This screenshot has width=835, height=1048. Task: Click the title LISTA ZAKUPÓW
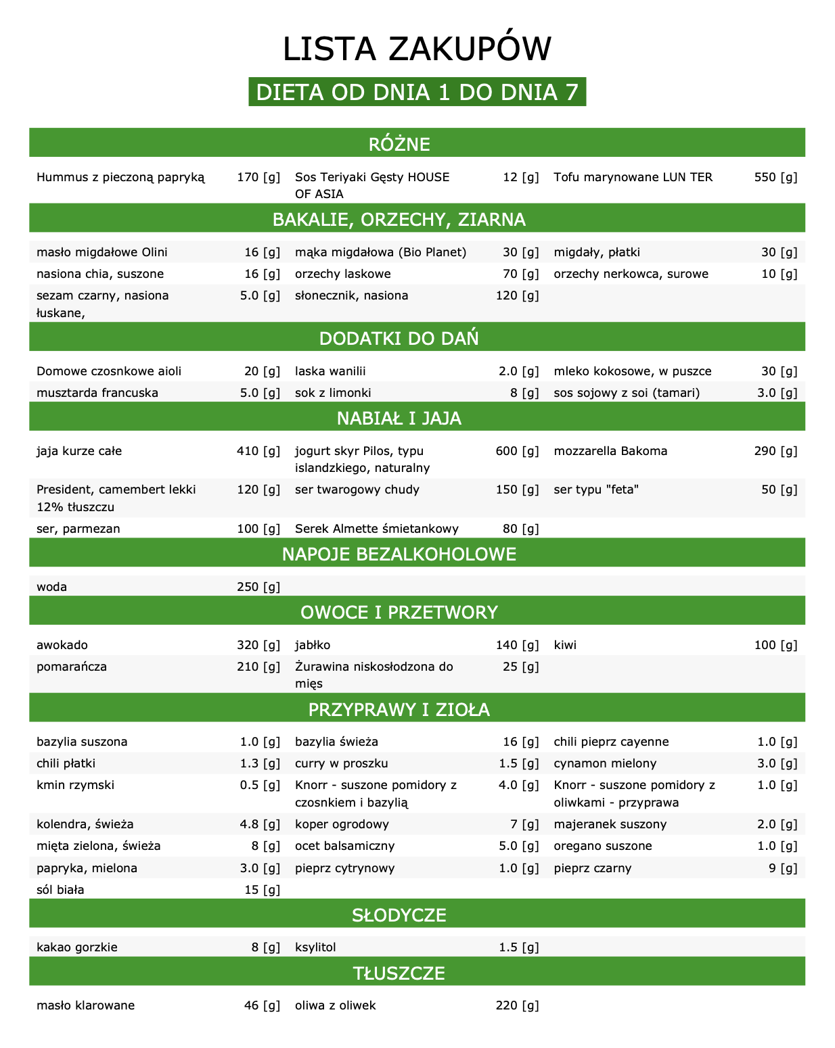point(417,49)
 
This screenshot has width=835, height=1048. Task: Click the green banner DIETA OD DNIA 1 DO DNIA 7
point(417,92)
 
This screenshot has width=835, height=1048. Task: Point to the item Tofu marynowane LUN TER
point(633,177)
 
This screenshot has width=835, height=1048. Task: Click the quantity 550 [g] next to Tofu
point(775,177)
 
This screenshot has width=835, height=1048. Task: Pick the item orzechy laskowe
point(343,274)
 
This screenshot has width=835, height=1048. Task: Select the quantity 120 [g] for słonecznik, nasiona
point(517,295)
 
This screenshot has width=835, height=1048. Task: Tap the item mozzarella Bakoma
point(610,451)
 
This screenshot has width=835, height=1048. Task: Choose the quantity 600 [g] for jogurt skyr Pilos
point(517,451)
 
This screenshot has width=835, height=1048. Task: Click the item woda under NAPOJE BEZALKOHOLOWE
point(52,587)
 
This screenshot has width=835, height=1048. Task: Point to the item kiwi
point(565,645)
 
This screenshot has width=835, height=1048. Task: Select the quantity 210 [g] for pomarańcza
point(258,667)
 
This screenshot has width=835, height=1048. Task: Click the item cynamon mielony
point(605,763)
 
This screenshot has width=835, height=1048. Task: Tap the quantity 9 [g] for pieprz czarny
point(783,868)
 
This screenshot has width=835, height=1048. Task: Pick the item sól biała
point(60,890)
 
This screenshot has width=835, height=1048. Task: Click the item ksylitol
point(315,947)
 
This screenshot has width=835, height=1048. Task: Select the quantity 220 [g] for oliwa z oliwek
point(517,1005)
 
